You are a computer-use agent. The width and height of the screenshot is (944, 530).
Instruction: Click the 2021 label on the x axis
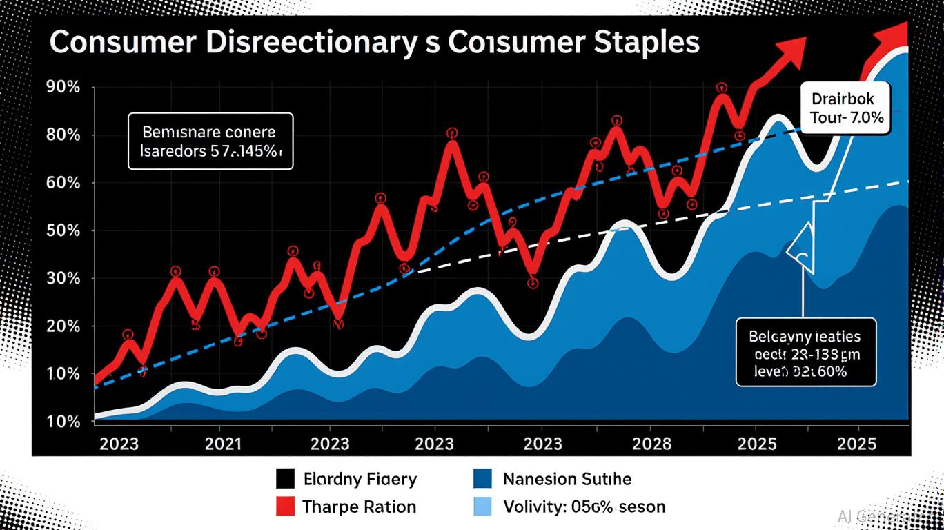224,443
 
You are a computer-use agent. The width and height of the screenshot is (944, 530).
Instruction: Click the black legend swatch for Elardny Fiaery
285,478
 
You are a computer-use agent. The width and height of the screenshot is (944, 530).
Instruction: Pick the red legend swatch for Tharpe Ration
285,507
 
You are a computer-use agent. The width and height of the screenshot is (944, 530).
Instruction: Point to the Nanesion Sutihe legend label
567,478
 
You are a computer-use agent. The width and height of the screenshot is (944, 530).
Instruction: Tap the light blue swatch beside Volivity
482,507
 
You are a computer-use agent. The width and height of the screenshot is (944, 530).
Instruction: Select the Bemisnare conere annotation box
210,141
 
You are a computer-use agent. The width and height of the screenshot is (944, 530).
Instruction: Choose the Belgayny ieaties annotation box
805,352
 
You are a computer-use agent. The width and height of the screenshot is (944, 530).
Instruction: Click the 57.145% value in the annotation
251,151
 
